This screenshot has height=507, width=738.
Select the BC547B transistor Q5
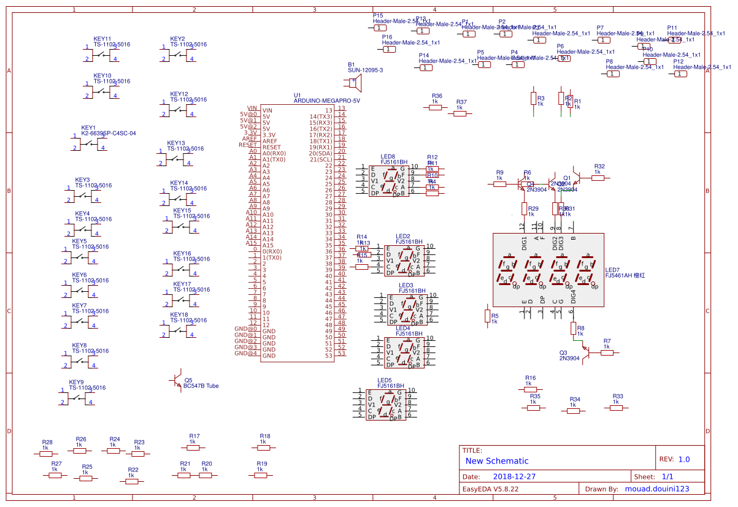coord(177,381)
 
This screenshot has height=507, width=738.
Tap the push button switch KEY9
coord(79,398)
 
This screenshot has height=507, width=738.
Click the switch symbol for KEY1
coord(90,144)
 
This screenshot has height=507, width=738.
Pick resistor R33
coord(617,407)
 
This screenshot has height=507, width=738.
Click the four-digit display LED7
coord(548,270)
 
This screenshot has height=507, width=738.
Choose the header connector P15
coord(380,28)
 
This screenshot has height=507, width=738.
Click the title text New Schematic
coord(497,461)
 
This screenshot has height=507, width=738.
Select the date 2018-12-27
coord(514,476)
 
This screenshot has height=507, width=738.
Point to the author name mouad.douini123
coord(657,489)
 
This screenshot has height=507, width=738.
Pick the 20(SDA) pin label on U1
coord(320,153)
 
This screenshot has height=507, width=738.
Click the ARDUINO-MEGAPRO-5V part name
coord(327,101)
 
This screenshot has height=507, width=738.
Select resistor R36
coord(436,107)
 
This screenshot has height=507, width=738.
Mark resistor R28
coord(46,454)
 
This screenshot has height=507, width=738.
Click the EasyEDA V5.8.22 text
coord(490,489)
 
